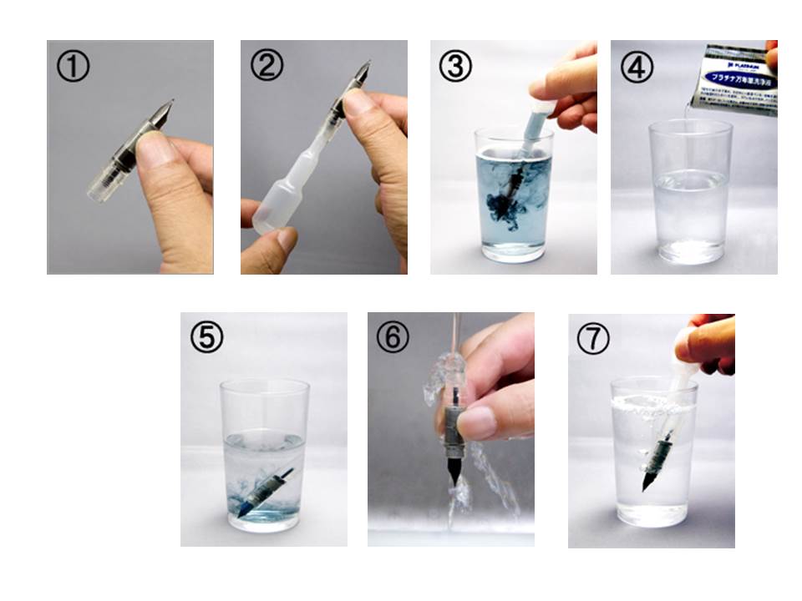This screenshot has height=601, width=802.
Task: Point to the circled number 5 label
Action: pos(206,338)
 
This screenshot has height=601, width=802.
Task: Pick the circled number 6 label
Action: pos(393,338)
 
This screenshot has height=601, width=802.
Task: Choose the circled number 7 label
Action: pos(593,338)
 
